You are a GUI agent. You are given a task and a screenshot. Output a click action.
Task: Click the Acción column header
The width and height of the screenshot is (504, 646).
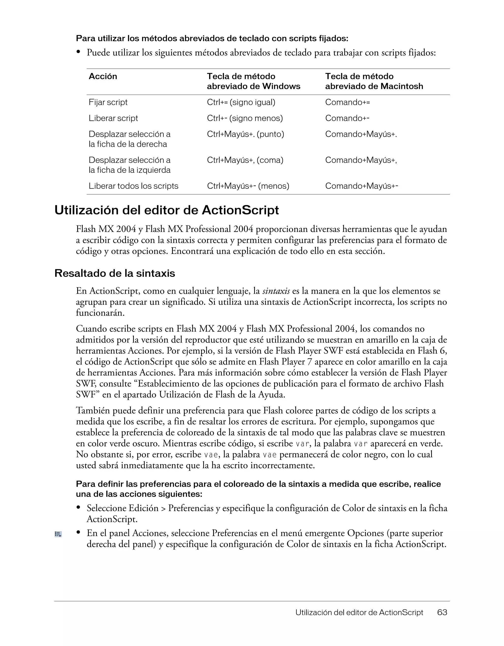pos(103,76)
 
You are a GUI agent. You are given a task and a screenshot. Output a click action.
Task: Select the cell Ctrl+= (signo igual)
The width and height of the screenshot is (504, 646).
pos(241,102)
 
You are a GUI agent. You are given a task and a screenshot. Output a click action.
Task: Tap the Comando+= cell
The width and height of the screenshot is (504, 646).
pos(347,102)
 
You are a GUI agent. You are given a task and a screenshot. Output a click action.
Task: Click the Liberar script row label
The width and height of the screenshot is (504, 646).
pos(113,118)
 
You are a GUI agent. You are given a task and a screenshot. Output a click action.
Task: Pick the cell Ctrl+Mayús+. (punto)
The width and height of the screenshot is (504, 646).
pos(245,134)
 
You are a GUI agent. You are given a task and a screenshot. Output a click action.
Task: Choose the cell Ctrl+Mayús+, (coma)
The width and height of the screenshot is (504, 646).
pos(245,160)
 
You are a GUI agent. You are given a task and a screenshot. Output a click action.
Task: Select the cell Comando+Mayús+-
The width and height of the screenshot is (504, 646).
pos(361,186)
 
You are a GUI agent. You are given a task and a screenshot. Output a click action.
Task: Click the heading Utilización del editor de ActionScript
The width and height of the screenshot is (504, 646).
pos(166,210)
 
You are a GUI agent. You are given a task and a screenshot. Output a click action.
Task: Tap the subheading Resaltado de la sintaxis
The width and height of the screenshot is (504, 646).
pos(115,273)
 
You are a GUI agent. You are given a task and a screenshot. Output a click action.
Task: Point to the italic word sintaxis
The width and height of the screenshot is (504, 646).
pos(276,291)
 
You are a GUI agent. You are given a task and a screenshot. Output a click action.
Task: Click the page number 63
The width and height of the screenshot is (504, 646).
pos(442,613)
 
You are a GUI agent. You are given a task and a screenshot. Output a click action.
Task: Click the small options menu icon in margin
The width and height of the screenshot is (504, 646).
pos(58,534)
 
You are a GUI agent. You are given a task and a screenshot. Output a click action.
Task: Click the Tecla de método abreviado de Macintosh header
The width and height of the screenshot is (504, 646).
pos(374,81)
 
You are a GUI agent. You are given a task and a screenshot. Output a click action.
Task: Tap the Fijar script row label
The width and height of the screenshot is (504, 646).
pos(108,102)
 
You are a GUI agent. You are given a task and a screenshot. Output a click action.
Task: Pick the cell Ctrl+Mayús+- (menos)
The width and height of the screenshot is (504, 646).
pos(248,186)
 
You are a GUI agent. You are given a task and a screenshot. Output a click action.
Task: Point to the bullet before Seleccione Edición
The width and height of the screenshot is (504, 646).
pos(79,508)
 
